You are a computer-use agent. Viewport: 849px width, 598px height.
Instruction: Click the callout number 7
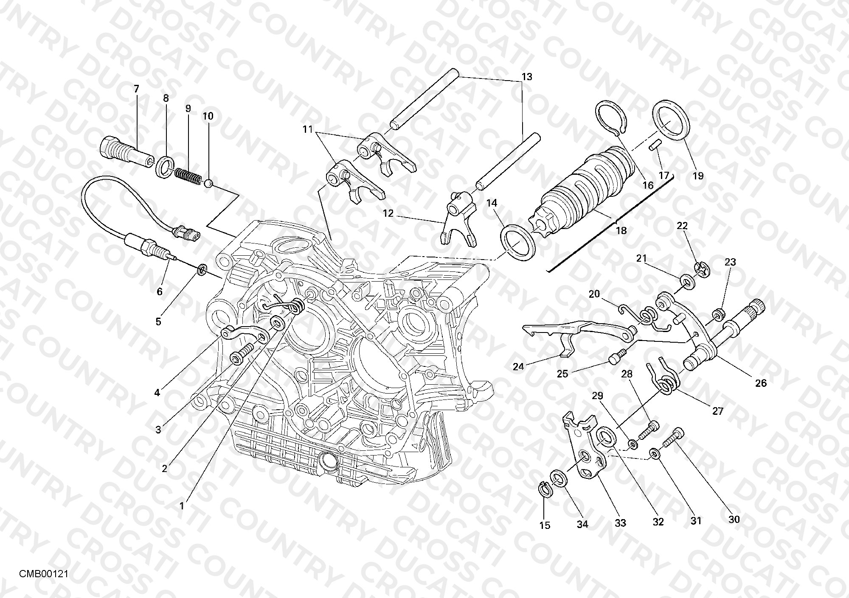click(x=136, y=89)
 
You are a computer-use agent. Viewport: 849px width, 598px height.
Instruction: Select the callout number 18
click(x=621, y=231)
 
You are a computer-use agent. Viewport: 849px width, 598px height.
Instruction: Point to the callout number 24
click(x=518, y=367)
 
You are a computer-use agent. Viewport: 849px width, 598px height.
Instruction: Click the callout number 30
click(x=734, y=519)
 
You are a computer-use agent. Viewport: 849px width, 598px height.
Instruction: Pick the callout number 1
click(x=182, y=506)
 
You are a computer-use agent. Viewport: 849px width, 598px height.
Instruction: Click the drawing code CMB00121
click(x=44, y=574)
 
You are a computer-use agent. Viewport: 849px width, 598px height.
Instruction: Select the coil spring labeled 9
click(x=187, y=176)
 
